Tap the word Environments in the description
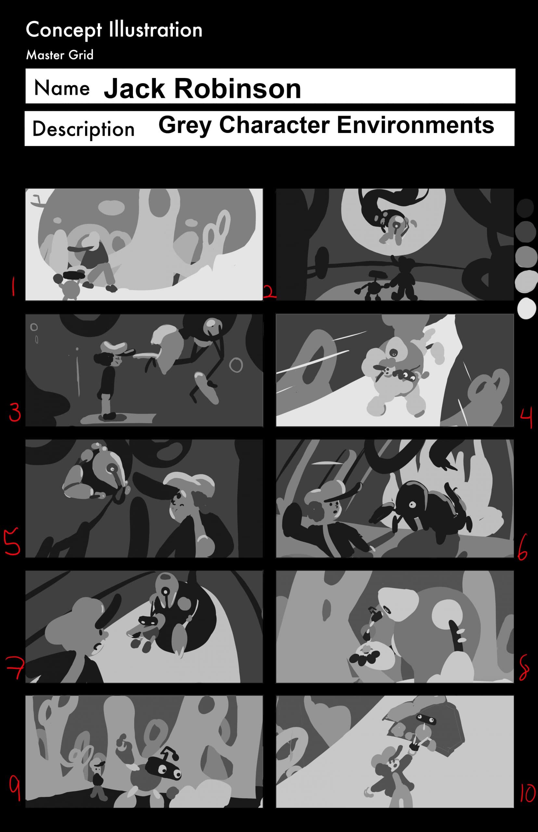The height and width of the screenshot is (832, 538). (416, 125)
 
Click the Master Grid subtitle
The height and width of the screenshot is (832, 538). (60, 55)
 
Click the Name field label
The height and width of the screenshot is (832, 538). (62, 88)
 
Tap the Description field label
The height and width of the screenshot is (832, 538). (83, 129)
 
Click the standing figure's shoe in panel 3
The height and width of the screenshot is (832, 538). (110, 416)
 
